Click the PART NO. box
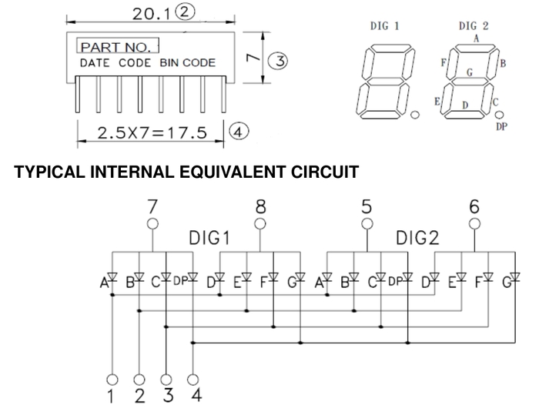pyautogui.click(x=117, y=46)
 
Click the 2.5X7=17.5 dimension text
pyautogui.click(x=153, y=132)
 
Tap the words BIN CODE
pyautogui.click(x=188, y=63)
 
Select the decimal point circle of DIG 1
pyautogui.click(x=416, y=115)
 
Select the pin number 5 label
pyautogui.click(x=367, y=206)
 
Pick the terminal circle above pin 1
pyautogui.click(x=112, y=379)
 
